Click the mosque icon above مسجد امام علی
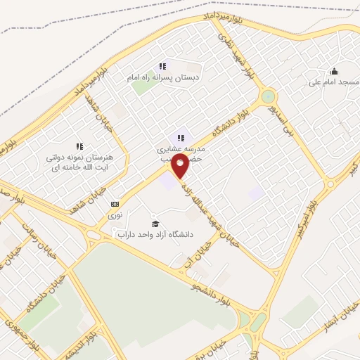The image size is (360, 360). click(333, 70)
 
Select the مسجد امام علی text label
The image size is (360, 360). click(333, 82)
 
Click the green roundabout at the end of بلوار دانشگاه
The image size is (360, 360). click(267, 97)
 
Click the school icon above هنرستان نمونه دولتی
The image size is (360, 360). click(79, 146)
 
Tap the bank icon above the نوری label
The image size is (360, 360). click(115, 203)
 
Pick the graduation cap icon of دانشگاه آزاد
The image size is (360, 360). click(155, 223)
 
